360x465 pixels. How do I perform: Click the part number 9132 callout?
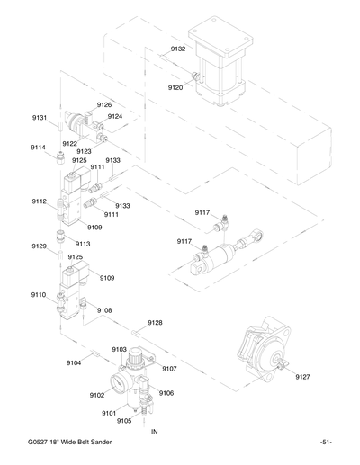coord(178,49)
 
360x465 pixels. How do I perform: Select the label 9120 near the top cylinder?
coord(175,87)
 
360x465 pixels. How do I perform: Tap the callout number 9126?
coord(104,105)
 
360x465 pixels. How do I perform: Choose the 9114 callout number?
coord(40,147)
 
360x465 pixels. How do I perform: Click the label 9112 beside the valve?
coord(40,201)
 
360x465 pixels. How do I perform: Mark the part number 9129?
coord(40,246)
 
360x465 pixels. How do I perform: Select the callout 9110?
coord(40,294)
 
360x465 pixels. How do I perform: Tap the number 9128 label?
coord(155,322)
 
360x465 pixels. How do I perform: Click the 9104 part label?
coord(74,362)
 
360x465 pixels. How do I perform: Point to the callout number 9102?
coord(97,394)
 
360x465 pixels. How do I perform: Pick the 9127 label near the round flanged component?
coord(303,378)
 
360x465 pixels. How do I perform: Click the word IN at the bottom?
coord(154,433)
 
